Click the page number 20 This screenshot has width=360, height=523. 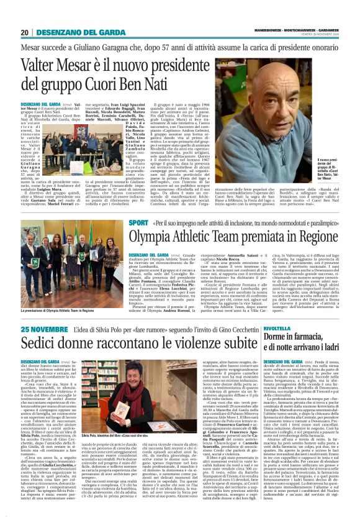25,32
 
